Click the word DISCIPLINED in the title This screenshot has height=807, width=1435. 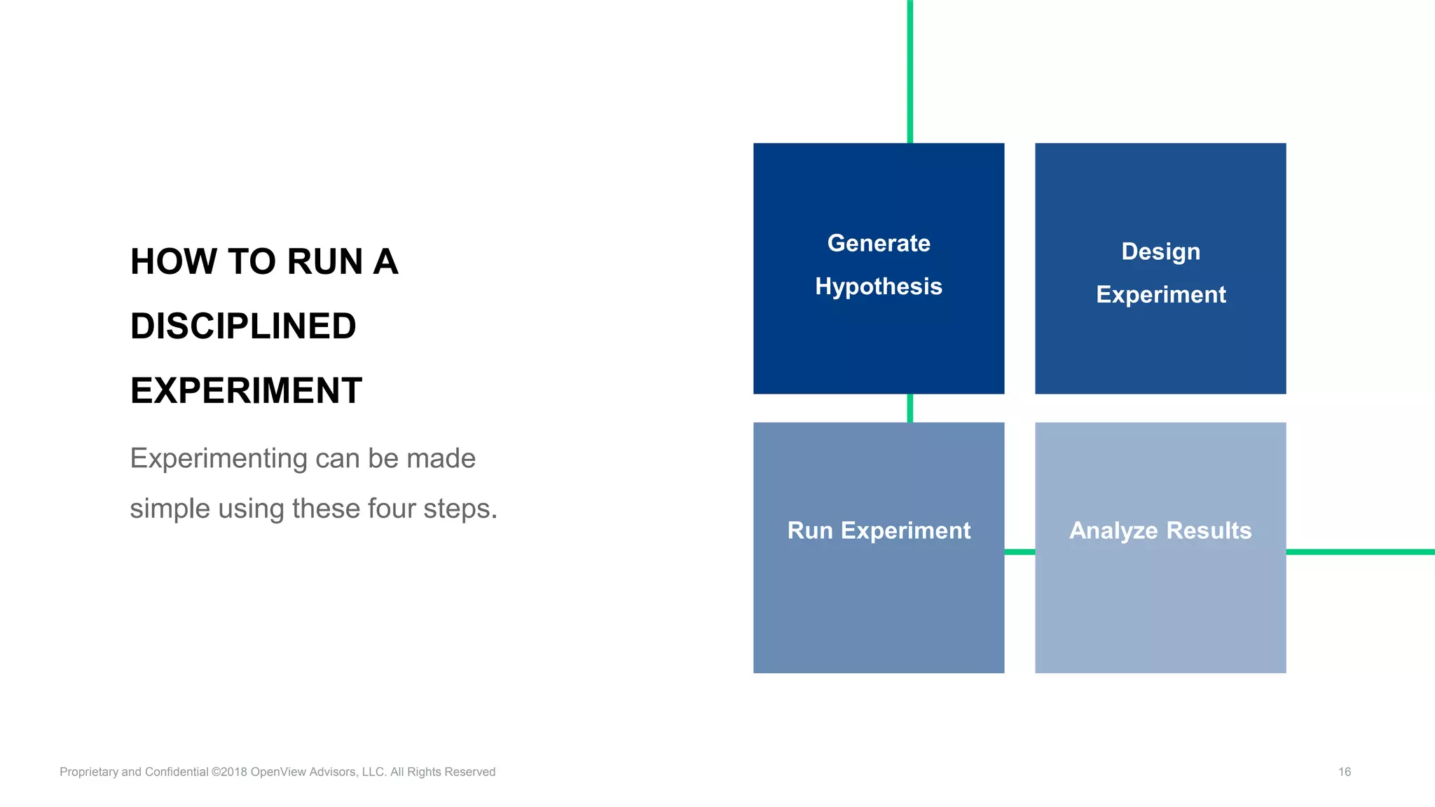(x=243, y=326)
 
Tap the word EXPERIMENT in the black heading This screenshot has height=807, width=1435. (x=246, y=391)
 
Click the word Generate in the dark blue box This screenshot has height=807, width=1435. (x=879, y=243)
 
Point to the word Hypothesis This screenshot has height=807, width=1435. (x=879, y=287)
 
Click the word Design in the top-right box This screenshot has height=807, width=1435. (x=1160, y=251)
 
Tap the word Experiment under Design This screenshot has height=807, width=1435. (x=1160, y=294)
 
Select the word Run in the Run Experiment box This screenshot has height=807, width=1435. (x=809, y=530)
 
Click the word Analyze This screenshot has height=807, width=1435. (x=1113, y=530)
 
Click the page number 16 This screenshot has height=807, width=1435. (x=1344, y=772)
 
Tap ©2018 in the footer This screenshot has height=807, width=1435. (x=229, y=772)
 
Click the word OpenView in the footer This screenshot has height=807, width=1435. (x=276, y=772)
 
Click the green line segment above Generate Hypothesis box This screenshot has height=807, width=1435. (x=909, y=70)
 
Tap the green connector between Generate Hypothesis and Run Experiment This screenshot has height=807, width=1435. (x=909, y=408)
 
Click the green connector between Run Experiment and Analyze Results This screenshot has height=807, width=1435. (x=1019, y=552)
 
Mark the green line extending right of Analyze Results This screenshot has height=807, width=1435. (x=1359, y=552)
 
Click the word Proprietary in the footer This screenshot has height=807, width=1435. (x=89, y=772)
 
